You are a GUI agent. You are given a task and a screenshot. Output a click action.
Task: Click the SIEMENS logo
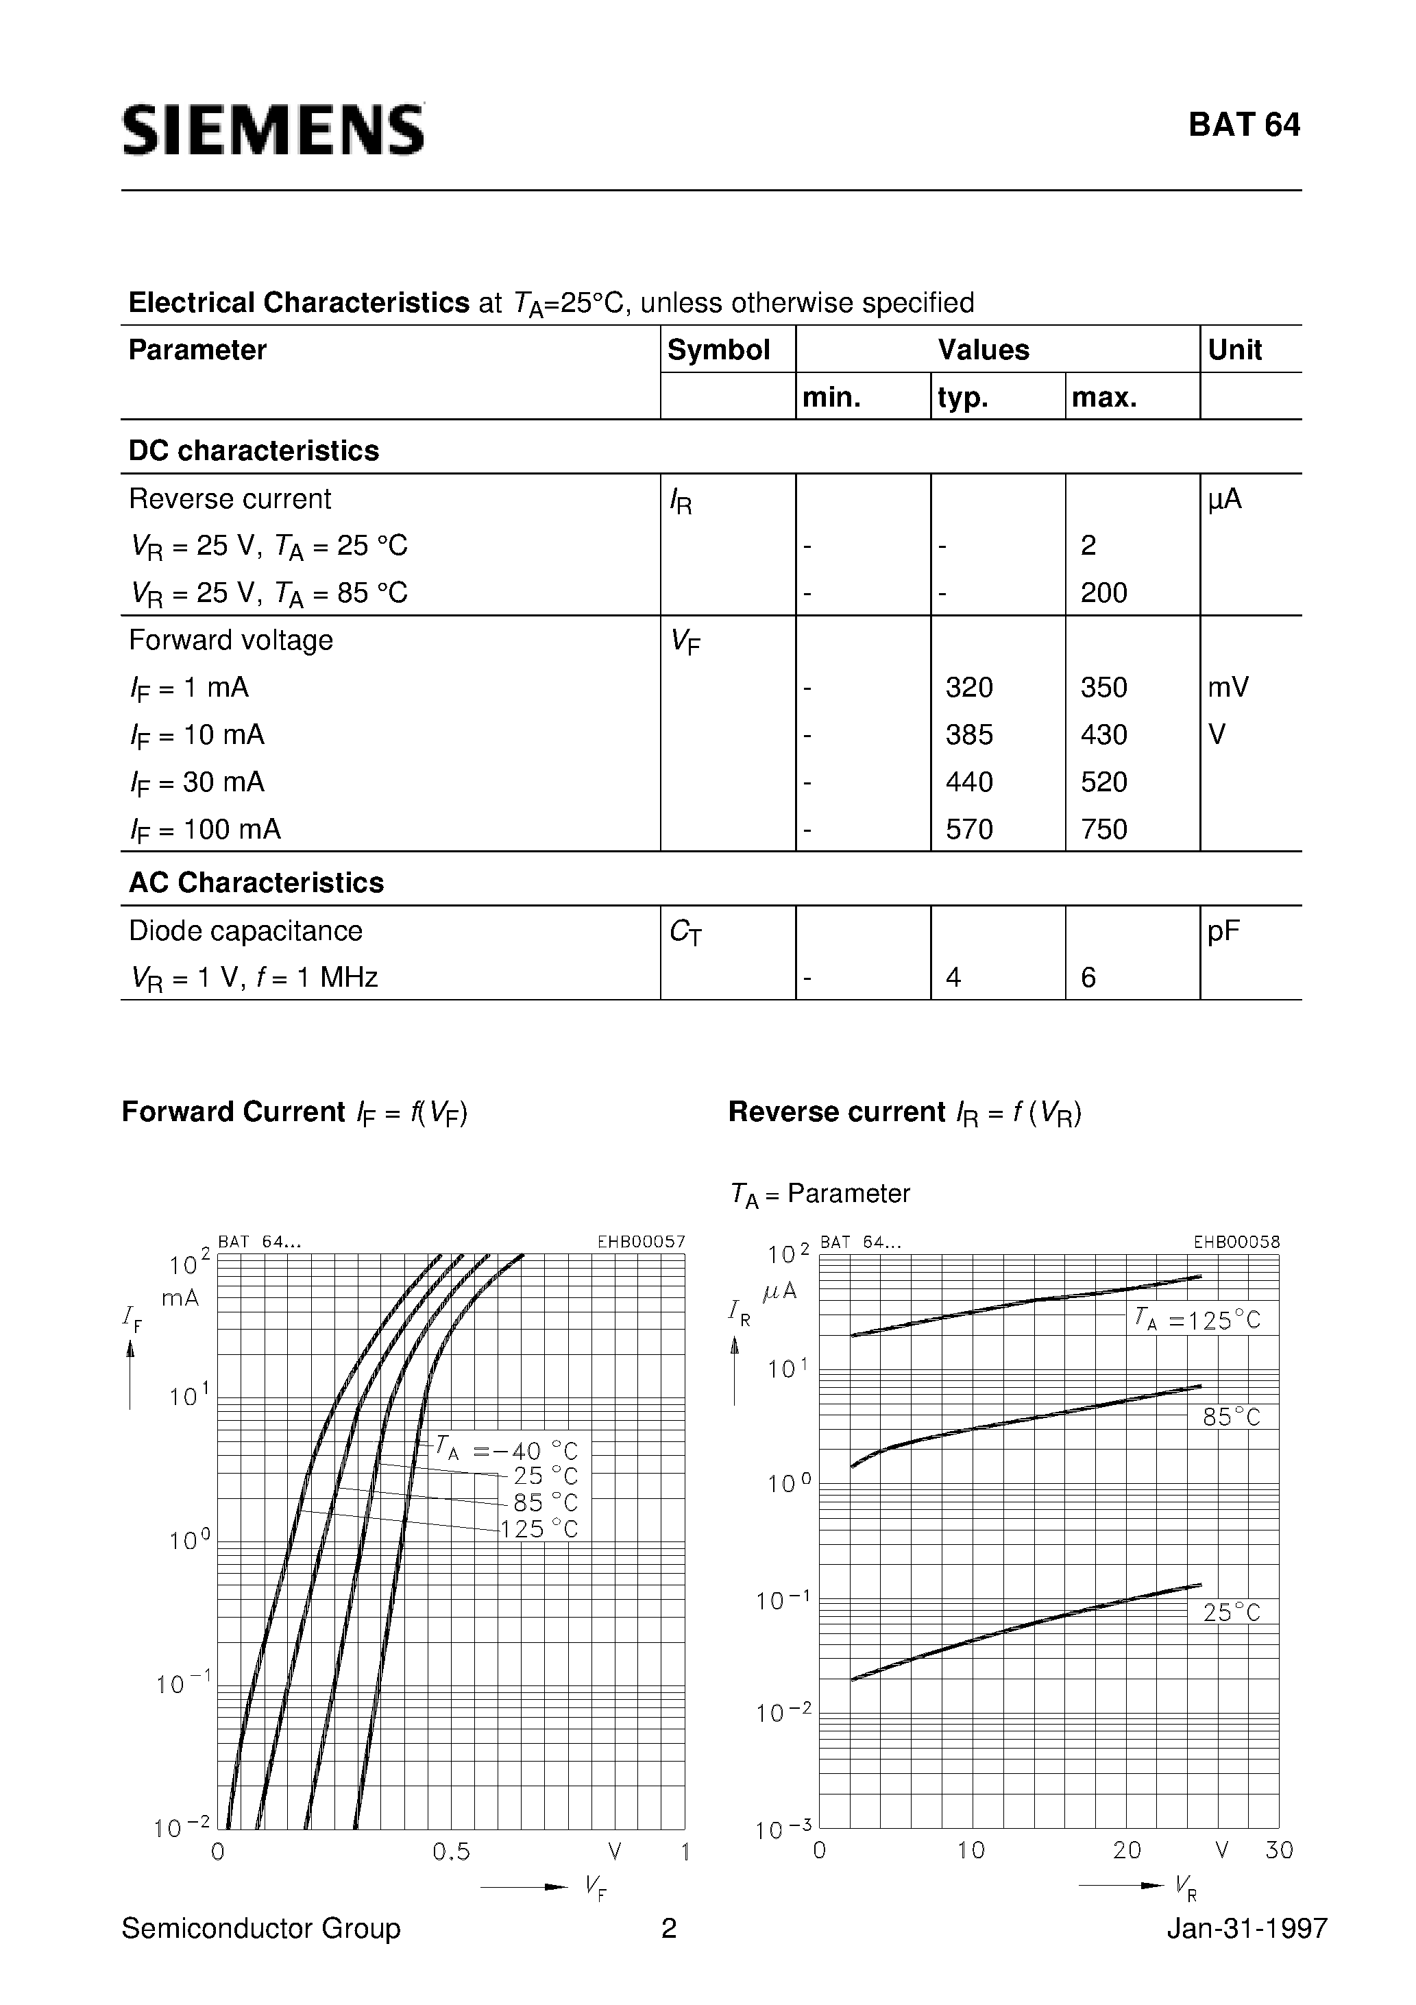(x=273, y=130)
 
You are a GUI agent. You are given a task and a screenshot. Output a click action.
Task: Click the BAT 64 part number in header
(x=1243, y=125)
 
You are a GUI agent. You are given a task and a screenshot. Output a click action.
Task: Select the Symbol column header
(x=718, y=350)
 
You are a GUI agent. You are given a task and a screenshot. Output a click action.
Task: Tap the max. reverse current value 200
(x=1103, y=593)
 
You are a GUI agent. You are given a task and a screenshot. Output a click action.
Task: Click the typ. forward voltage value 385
(x=969, y=734)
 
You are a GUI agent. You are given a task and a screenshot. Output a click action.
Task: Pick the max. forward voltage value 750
(x=1103, y=829)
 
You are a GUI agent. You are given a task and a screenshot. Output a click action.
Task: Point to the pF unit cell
(x=1223, y=931)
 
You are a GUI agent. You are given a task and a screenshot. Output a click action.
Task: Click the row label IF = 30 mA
(x=197, y=782)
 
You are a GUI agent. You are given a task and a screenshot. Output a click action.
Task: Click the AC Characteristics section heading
(x=256, y=883)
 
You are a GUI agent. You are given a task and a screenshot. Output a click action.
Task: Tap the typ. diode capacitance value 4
(x=953, y=977)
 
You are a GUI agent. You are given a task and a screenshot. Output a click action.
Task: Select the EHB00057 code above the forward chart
(x=641, y=1242)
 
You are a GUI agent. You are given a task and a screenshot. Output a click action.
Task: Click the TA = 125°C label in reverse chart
(x=1197, y=1319)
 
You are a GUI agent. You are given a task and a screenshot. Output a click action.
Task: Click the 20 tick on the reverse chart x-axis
(x=1126, y=1849)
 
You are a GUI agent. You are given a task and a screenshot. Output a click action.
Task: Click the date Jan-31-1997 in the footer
(x=1247, y=1928)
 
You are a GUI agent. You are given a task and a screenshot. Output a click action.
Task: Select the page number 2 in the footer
(x=669, y=1928)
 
